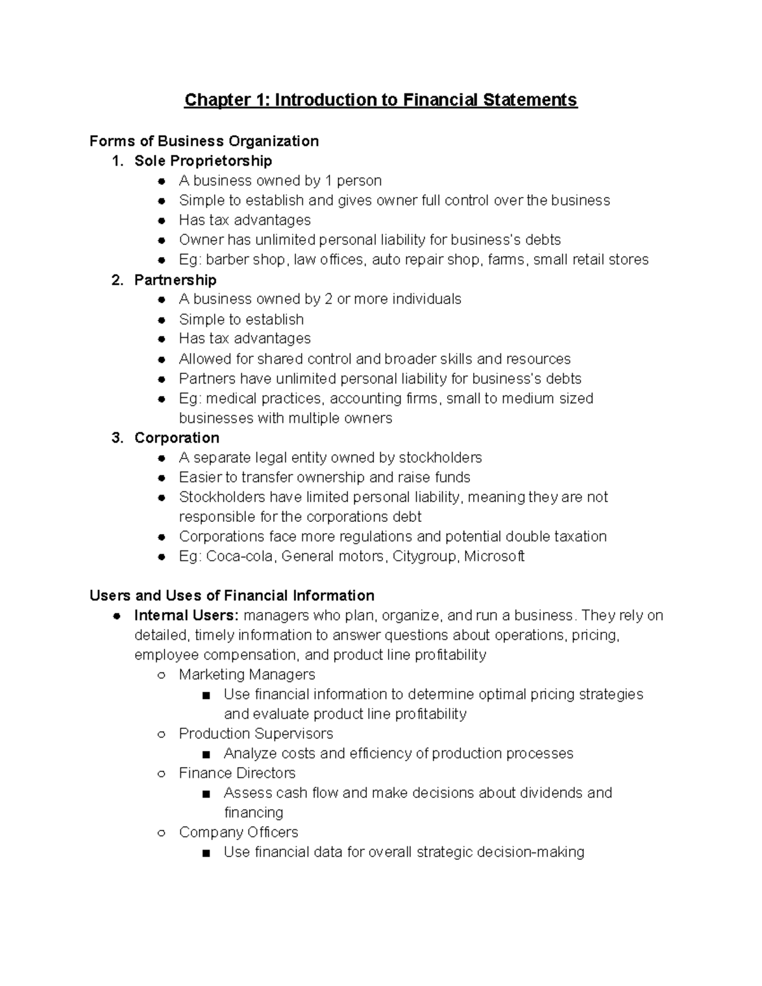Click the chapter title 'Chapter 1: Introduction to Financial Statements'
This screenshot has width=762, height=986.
pos(380,100)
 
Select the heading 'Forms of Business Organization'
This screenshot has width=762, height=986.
pos(204,141)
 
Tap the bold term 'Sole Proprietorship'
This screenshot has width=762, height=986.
pos(203,161)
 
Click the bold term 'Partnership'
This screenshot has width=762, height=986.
pos(175,279)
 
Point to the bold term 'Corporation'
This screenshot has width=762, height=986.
pos(177,437)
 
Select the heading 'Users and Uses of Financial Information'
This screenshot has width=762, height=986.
pos(232,595)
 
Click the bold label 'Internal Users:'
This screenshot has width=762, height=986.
pos(186,615)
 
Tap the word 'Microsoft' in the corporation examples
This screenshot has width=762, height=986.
pos(494,556)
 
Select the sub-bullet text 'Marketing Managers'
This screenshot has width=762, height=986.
pos(247,674)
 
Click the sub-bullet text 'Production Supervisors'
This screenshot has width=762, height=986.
pos(256,733)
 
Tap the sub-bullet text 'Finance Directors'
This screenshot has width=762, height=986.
pos(237,773)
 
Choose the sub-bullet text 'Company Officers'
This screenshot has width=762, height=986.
pos(239,832)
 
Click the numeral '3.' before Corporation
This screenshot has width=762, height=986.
pos(117,437)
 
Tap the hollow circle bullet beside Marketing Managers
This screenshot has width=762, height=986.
pos(162,675)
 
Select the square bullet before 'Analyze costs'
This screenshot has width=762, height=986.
pos(206,754)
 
